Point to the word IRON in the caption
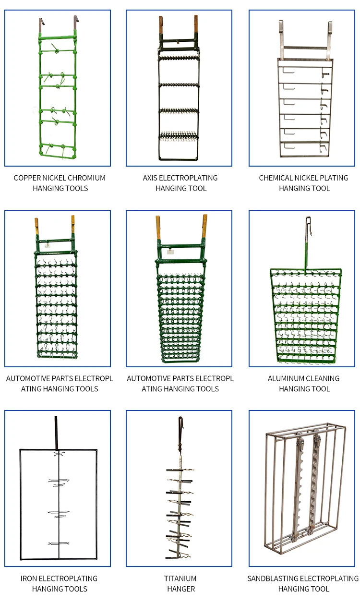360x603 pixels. point(28,579)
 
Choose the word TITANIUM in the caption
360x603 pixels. point(181,579)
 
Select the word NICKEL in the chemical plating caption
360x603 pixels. point(308,178)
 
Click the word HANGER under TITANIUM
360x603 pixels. point(181,589)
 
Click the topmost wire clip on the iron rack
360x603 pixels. point(58,455)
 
